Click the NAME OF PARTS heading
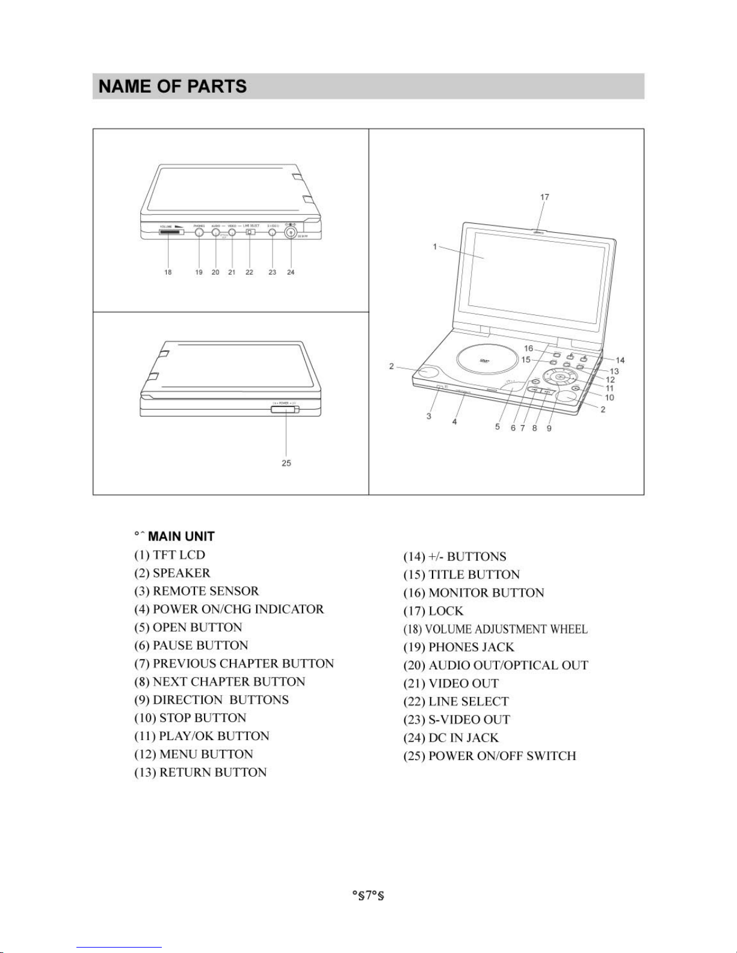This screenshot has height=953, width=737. [x=173, y=87]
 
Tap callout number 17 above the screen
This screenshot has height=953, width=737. [x=544, y=197]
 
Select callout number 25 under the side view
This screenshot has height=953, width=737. [x=286, y=463]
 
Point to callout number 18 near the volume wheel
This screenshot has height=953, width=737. [x=168, y=272]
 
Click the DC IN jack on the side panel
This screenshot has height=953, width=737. [x=291, y=232]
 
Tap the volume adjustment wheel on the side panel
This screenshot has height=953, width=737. [x=171, y=232]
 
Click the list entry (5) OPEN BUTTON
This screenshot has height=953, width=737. [x=188, y=627]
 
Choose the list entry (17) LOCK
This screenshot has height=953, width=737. [x=433, y=611]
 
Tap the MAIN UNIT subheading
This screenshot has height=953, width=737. [x=181, y=536]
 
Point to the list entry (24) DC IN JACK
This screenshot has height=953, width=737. [x=451, y=738]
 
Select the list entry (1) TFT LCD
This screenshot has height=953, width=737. [x=170, y=555]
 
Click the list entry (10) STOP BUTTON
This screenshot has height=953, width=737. [x=190, y=718]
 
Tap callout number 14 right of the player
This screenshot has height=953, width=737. [x=620, y=360]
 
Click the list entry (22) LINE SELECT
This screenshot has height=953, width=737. [x=455, y=702]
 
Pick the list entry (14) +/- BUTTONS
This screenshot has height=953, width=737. [x=454, y=557]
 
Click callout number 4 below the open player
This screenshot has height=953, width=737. [x=455, y=422]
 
